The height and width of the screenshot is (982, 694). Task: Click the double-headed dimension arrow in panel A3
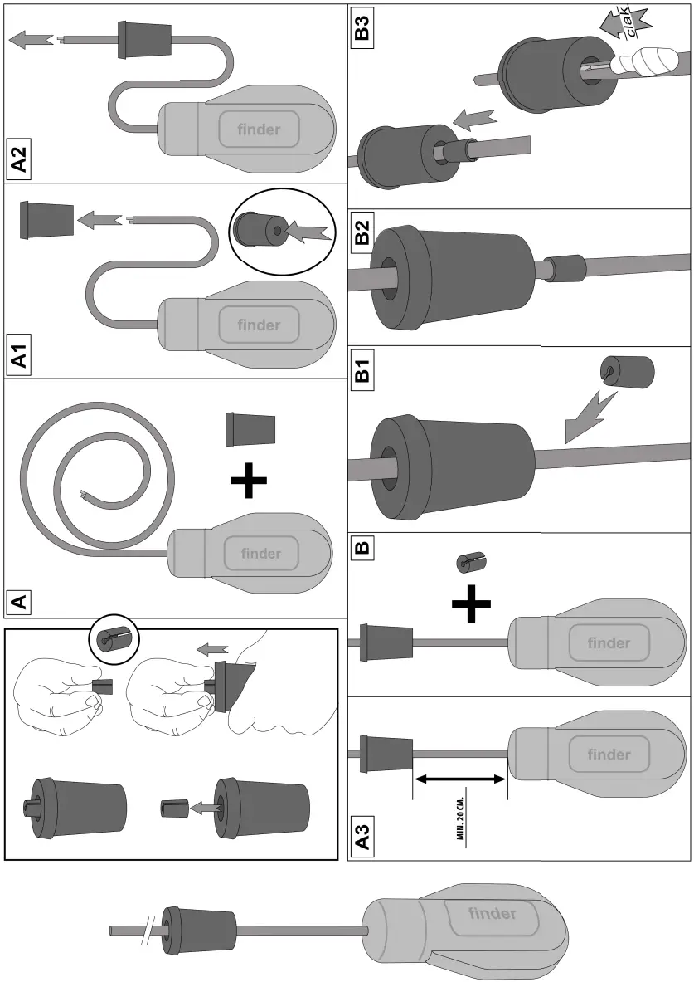[x=459, y=779]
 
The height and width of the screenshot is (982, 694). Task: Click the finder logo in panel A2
[x=259, y=130]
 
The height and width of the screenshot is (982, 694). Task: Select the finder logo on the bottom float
[x=493, y=914]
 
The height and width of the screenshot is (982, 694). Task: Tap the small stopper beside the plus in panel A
[x=250, y=428]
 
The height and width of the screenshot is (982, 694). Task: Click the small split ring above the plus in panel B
[x=469, y=562]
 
